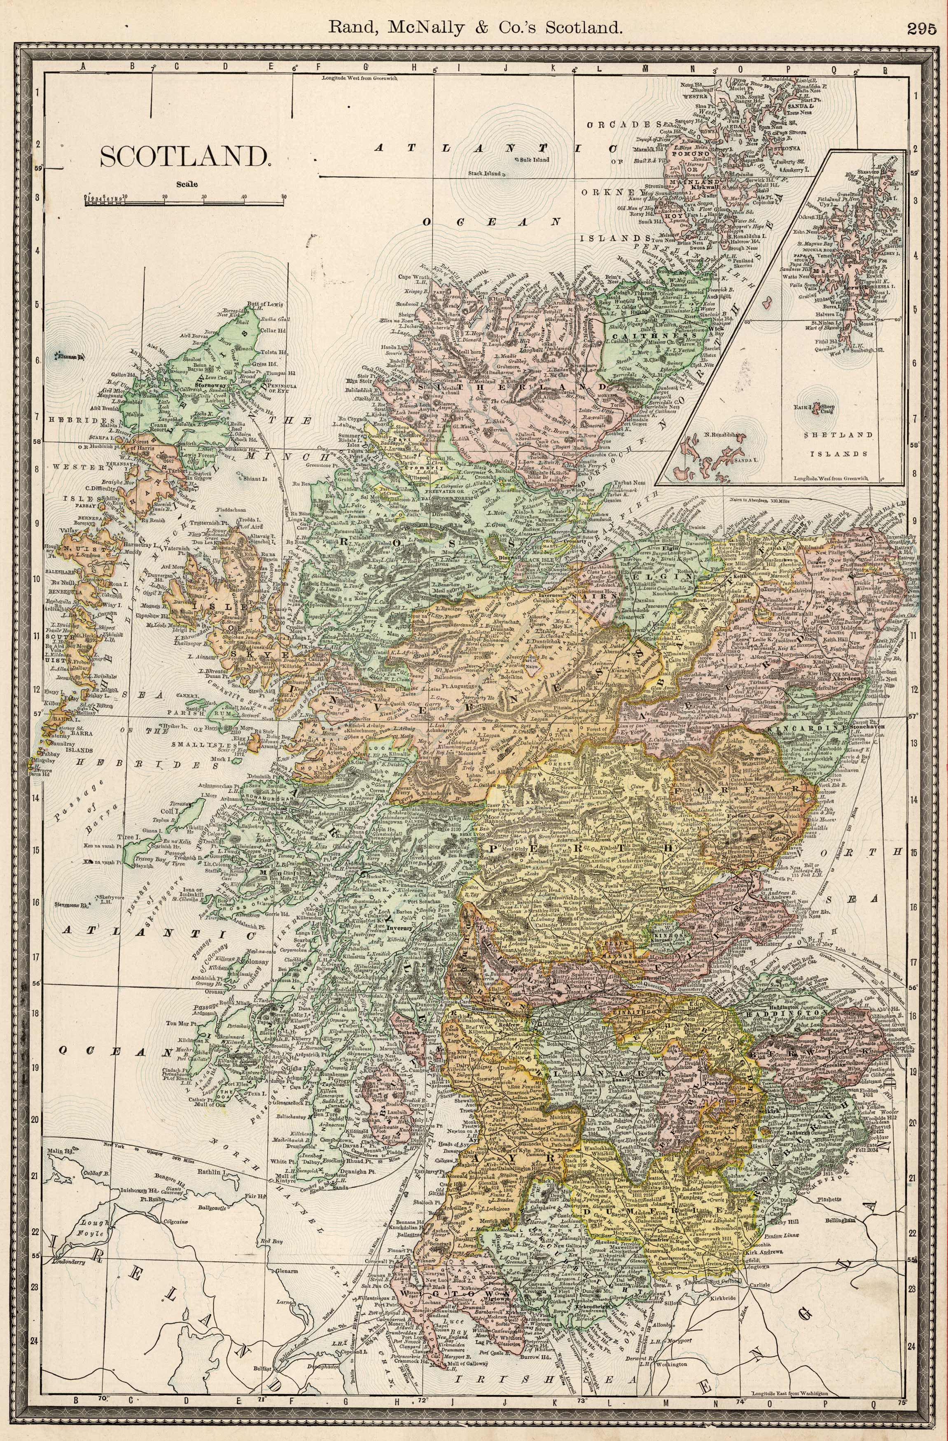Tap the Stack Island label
pos(485,173)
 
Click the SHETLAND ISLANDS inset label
pos(839,443)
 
